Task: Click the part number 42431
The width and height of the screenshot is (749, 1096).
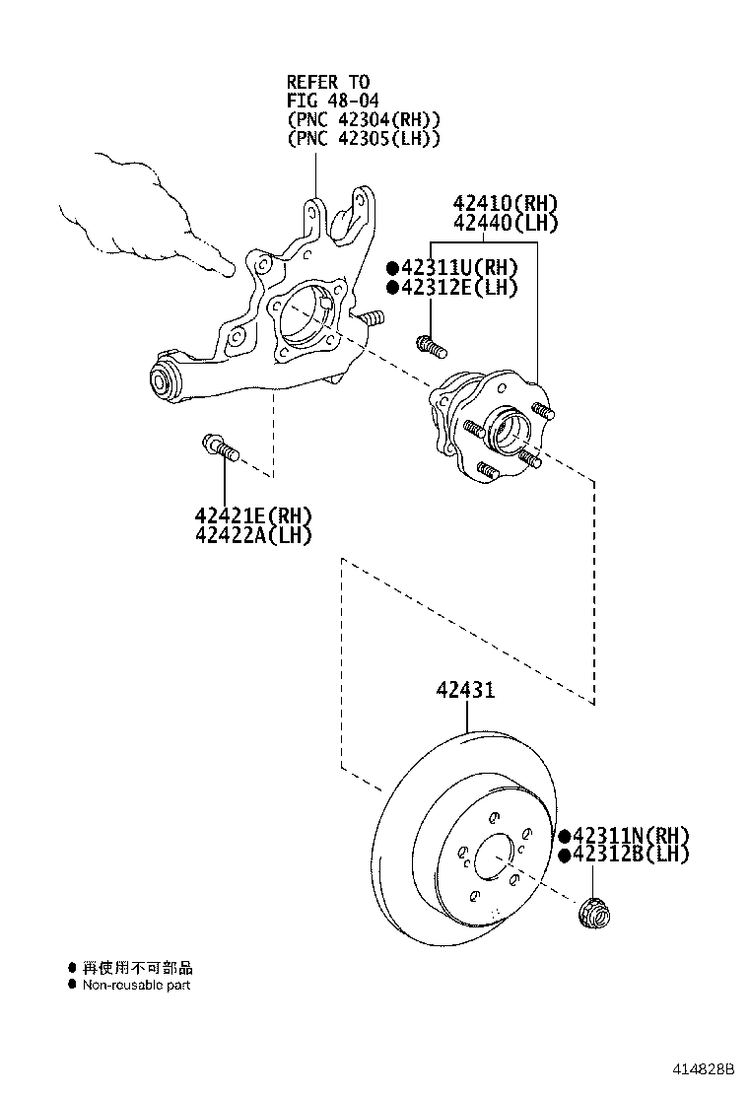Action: pos(465,691)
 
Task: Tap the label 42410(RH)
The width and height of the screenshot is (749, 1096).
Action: pos(506,204)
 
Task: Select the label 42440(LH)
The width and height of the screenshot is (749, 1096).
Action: pos(506,224)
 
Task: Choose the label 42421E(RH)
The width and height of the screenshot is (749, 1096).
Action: pos(252,515)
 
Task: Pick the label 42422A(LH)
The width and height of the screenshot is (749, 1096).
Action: pos(252,535)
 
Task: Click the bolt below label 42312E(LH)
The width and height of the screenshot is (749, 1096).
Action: pos(431,346)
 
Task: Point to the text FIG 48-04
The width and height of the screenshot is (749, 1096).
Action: pos(328,101)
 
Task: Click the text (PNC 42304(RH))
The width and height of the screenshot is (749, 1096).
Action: pos(363,120)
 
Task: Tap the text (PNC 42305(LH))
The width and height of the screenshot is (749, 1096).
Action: pos(363,139)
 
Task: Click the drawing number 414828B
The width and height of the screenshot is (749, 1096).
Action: pos(705,1069)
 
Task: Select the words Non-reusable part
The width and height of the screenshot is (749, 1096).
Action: pos(136,985)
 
